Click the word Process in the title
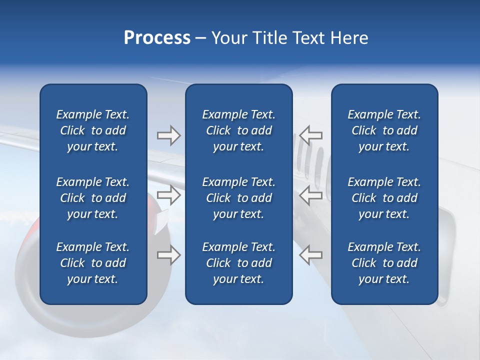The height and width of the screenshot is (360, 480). (x=157, y=38)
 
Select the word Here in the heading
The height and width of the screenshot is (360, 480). (x=348, y=38)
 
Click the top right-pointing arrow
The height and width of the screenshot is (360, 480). (x=168, y=135)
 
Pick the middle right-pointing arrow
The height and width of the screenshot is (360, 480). (x=168, y=195)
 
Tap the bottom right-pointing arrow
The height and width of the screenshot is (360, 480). (x=168, y=255)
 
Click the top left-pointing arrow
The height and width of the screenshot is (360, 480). (x=310, y=135)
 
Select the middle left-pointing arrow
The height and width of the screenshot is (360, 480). (x=310, y=195)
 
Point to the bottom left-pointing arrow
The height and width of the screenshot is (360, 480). (x=310, y=255)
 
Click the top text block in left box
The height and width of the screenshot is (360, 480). (x=93, y=130)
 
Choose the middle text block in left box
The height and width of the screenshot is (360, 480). (x=93, y=198)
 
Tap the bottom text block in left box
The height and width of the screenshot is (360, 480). (x=93, y=263)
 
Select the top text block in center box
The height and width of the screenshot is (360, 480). (x=238, y=130)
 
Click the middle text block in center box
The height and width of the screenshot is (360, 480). (x=238, y=198)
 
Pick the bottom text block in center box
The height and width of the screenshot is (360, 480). (x=238, y=263)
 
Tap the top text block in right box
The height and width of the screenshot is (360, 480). (x=384, y=130)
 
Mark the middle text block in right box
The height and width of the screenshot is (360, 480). (x=384, y=198)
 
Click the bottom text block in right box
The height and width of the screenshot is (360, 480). (x=384, y=263)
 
